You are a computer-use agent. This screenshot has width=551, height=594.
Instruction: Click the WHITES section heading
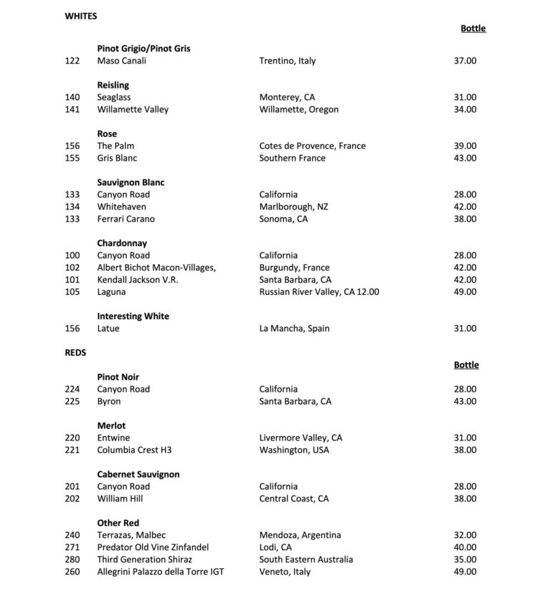tap(80, 16)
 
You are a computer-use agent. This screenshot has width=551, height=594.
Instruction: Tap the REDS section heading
tap(75, 353)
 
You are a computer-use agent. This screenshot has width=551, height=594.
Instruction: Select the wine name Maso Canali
tap(121, 61)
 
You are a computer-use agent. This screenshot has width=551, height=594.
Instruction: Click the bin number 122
tap(72, 61)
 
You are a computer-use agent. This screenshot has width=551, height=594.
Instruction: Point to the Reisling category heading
tap(113, 85)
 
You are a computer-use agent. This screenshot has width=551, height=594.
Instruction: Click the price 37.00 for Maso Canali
tap(464, 61)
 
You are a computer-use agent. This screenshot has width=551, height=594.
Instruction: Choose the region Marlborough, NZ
tap(293, 207)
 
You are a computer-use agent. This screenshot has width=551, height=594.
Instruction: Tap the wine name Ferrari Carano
tap(126, 219)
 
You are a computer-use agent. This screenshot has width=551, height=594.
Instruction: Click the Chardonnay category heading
tap(122, 243)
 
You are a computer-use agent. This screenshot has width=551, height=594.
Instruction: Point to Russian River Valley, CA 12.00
tap(319, 292)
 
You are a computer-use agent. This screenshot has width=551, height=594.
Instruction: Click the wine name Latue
tap(108, 329)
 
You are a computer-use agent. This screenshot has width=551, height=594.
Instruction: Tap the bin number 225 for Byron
tap(72, 402)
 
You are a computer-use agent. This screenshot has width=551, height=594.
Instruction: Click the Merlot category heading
tap(111, 426)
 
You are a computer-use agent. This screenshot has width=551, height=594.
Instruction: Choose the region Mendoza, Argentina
tap(300, 535)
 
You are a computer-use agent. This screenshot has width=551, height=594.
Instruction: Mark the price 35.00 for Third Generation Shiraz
tap(464, 560)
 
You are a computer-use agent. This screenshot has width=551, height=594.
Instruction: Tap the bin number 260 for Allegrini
tap(72, 572)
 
